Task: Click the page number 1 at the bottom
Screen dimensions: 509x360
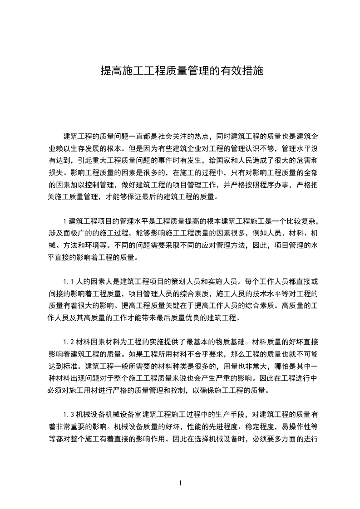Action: pyautogui.click(x=181, y=484)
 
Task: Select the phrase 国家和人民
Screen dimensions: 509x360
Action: pyautogui.click(x=233, y=161)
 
